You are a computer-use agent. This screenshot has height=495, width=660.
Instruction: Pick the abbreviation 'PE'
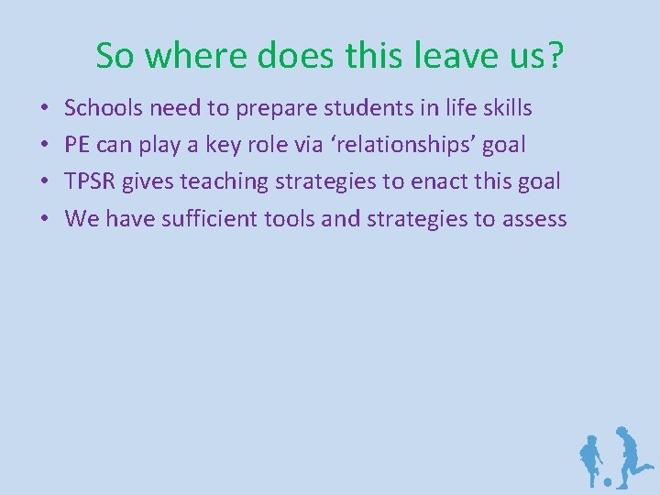[x=76, y=145]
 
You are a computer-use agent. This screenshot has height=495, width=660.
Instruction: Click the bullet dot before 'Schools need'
[x=45, y=109]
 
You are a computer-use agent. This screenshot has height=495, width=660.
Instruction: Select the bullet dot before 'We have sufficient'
[x=45, y=219]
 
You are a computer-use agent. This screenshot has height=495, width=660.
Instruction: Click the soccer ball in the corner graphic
[x=606, y=481]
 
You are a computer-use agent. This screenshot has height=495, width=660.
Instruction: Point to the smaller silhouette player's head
[x=591, y=441]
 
